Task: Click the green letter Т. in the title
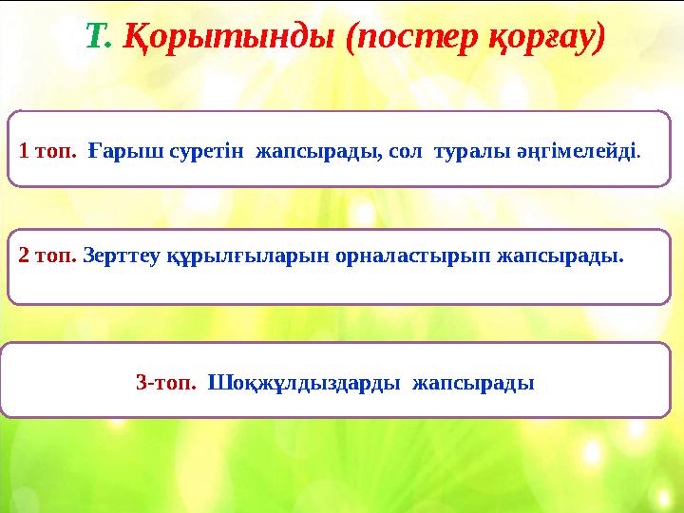click(x=100, y=38)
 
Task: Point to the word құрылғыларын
click(x=210, y=256)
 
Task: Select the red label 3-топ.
click(x=166, y=384)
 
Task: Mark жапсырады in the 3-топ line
click(x=472, y=384)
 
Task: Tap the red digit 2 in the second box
click(x=24, y=256)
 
